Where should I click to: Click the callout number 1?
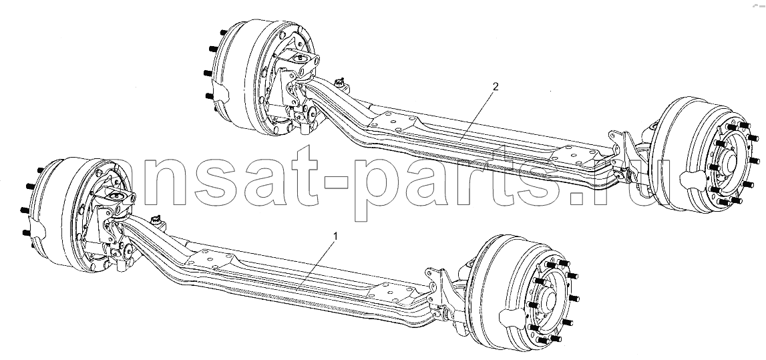[335, 236]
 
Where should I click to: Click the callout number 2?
[496, 86]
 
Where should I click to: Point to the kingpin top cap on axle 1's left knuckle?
[117, 196]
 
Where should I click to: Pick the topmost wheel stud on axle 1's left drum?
[40, 170]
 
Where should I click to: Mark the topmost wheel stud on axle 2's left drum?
[223, 33]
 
